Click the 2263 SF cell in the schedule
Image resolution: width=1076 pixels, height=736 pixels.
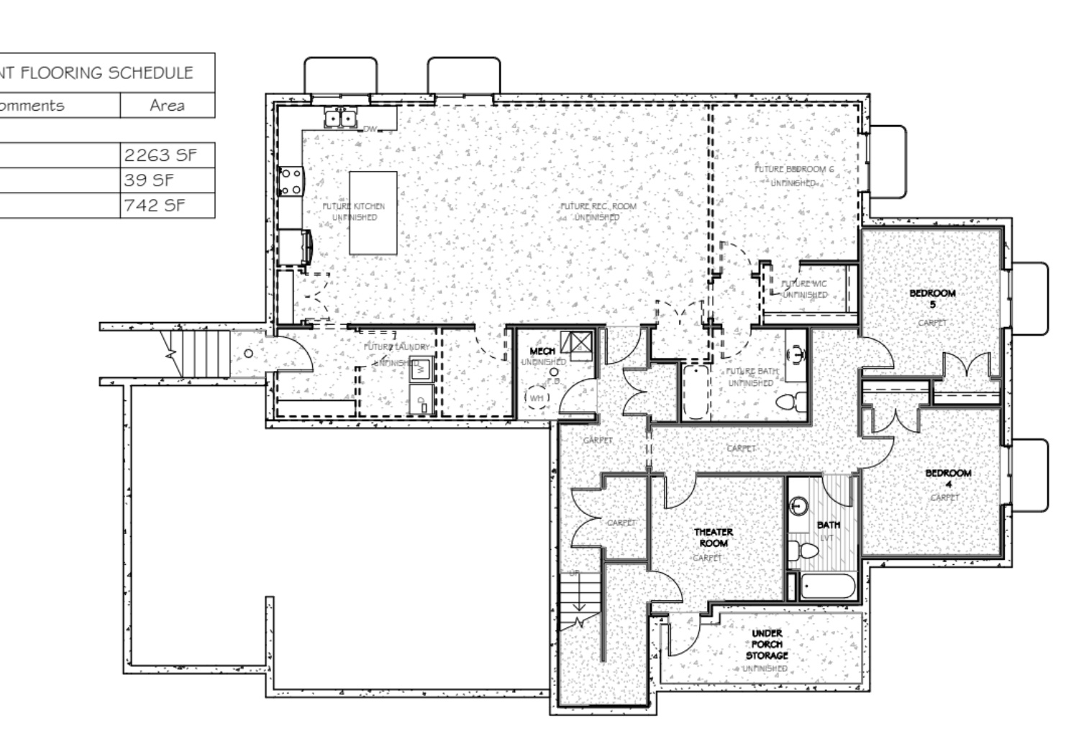tap(167, 155)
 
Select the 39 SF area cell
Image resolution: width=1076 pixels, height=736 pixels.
tap(167, 180)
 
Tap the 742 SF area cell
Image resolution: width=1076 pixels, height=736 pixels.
tap(167, 206)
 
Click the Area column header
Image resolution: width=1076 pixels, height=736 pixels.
tap(167, 106)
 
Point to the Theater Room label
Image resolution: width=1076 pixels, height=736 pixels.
tap(713, 538)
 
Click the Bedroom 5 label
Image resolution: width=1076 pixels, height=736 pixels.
tap(932, 298)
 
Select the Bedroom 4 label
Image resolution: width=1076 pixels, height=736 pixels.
tap(947, 478)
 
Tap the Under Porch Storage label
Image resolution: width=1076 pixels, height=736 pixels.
tap(766, 645)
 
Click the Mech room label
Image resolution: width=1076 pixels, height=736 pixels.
tap(542, 351)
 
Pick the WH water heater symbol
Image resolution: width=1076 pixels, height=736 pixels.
tap(537, 397)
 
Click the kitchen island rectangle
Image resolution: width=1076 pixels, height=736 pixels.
tap(373, 213)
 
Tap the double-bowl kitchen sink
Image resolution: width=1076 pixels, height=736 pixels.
tap(339, 117)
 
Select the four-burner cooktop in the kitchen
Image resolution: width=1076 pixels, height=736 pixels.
tap(291, 181)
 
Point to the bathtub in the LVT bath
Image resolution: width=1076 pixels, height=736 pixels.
tap(827, 587)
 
